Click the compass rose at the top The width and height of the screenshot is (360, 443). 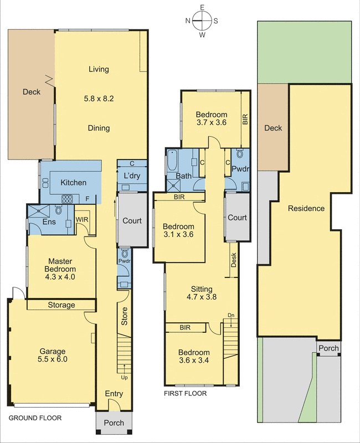pyautogui.click(x=203, y=22)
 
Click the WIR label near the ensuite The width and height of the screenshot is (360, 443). pyautogui.click(x=82, y=220)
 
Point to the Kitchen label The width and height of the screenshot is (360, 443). pyautogui.click(x=73, y=182)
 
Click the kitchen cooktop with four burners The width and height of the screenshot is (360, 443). pyautogui.click(x=68, y=198)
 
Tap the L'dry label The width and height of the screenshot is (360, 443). pyautogui.click(x=132, y=176)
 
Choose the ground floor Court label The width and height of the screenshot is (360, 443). pyautogui.click(x=132, y=220)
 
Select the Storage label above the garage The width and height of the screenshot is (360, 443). pyautogui.click(x=61, y=305)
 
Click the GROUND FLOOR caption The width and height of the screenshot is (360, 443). pyautogui.click(x=34, y=419)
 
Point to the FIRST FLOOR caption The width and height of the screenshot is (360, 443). pyautogui.click(x=185, y=394)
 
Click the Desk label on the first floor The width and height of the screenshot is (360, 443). pyautogui.click(x=234, y=260)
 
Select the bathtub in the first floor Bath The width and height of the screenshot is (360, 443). pyautogui.click(x=171, y=164)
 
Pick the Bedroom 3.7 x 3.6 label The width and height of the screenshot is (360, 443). pyautogui.click(x=212, y=119)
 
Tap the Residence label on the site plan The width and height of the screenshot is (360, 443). pyautogui.click(x=306, y=209)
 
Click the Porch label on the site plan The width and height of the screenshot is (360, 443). pyautogui.click(x=328, y=348)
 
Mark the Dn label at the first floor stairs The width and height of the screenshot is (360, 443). pyautogui.click(x=230, y=316)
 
